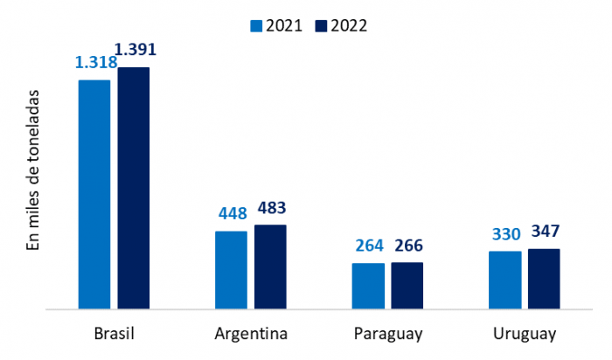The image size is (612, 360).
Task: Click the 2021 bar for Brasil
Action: [x=94, y=194]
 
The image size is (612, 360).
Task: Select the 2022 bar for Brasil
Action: [x=134, y=188]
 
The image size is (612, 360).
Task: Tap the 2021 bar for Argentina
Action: [x=231, y=269]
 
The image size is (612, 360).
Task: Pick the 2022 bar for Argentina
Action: [x=270, y=267]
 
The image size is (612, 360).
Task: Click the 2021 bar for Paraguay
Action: [x=368, y=286]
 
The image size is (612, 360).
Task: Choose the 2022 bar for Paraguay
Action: [x=407, y=285]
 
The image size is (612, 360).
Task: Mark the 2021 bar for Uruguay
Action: [x=504, y=280]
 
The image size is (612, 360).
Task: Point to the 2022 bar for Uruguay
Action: [x=544, y=278]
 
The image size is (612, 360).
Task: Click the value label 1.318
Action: [x=95, y=62]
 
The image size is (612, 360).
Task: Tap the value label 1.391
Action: [x=136, y=50]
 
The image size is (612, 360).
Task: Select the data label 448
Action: [x=232, y=213]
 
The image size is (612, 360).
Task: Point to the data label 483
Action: [x=271, y=208]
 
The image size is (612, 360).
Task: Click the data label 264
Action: [x=368, y=246]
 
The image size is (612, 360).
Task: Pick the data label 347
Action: [x=545, y=232]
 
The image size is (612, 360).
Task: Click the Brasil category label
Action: [x=114, y=335]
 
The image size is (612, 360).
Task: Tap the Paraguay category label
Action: [x=388, y=335]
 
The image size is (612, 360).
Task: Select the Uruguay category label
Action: [x=524, y=335]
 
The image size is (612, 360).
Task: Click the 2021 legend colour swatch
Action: [x=256, y=24]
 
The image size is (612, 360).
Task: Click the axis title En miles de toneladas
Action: [x=34, y=169]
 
